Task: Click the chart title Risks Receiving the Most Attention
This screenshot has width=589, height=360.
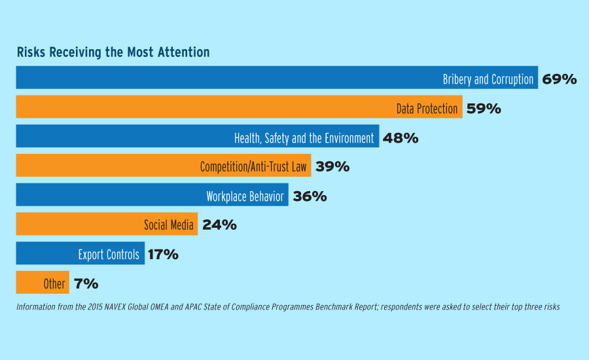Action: [x=113, y=52]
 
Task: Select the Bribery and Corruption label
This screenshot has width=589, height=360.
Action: [x=488, y=79]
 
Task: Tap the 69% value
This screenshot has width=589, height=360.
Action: [x=560, y=79]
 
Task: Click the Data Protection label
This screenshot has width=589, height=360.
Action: [x=427, y=109]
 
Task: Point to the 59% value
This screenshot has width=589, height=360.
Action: [x=484, y=109]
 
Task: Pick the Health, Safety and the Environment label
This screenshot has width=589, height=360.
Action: [x=304, y=138]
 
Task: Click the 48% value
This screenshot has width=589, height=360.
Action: [x=401, y=138]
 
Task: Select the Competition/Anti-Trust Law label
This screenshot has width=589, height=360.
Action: [x=253, y=166]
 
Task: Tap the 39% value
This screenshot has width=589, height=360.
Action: [x=332, y=166]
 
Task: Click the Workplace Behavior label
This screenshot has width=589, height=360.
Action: [x=245, y=196]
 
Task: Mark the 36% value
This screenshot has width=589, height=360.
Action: [x=310, y=196]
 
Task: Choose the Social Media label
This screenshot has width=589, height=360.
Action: [x=169, y=225]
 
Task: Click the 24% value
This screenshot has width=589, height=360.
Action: [x=219, y=225]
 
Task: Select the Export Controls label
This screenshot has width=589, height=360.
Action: [x=109, y=255]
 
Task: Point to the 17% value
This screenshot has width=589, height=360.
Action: [x=163, y=255]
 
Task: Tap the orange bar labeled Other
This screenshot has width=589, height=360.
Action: [x=43, y=282]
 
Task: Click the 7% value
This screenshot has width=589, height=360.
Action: [x=86, y=283]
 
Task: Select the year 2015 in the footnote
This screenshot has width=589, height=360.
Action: [x=95, y=307]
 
